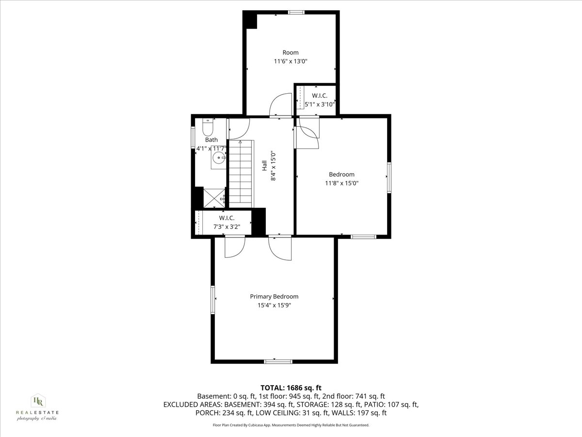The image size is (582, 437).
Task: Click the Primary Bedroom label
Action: (x=274, y=297)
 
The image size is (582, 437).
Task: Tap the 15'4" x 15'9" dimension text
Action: (x=274, y=305)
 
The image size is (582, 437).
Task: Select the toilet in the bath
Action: (x=208, y=128)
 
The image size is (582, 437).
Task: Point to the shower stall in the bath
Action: (x=214, y=198)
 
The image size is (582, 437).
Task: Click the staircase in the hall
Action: (x=241, y=172)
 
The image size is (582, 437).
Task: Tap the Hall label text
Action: (x=265, y=166)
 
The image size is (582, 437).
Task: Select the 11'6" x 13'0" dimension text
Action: (x=291, y=62)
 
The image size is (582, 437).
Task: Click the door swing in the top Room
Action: (x=280, y=104)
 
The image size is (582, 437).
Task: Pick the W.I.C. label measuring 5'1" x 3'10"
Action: (x=319, y=96)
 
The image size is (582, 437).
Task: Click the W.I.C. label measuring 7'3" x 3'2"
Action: (x=224, y=218)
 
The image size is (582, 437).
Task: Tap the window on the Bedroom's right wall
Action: (x=389, y=178)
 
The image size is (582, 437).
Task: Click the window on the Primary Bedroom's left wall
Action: (x=212, y=299)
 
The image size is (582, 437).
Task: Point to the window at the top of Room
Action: (x=295, y=12)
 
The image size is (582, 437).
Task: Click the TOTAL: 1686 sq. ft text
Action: (x=291, y=387)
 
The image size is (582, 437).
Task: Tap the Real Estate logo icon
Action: (x=37, y=401)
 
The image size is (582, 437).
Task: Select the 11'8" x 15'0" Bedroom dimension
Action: (x=341, y=183)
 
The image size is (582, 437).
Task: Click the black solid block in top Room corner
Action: (x=251, y=21)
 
